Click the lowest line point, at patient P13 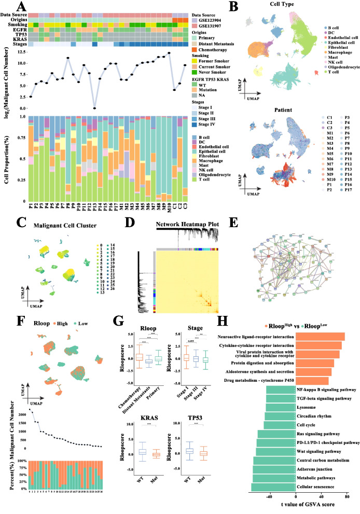point(94,108)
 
